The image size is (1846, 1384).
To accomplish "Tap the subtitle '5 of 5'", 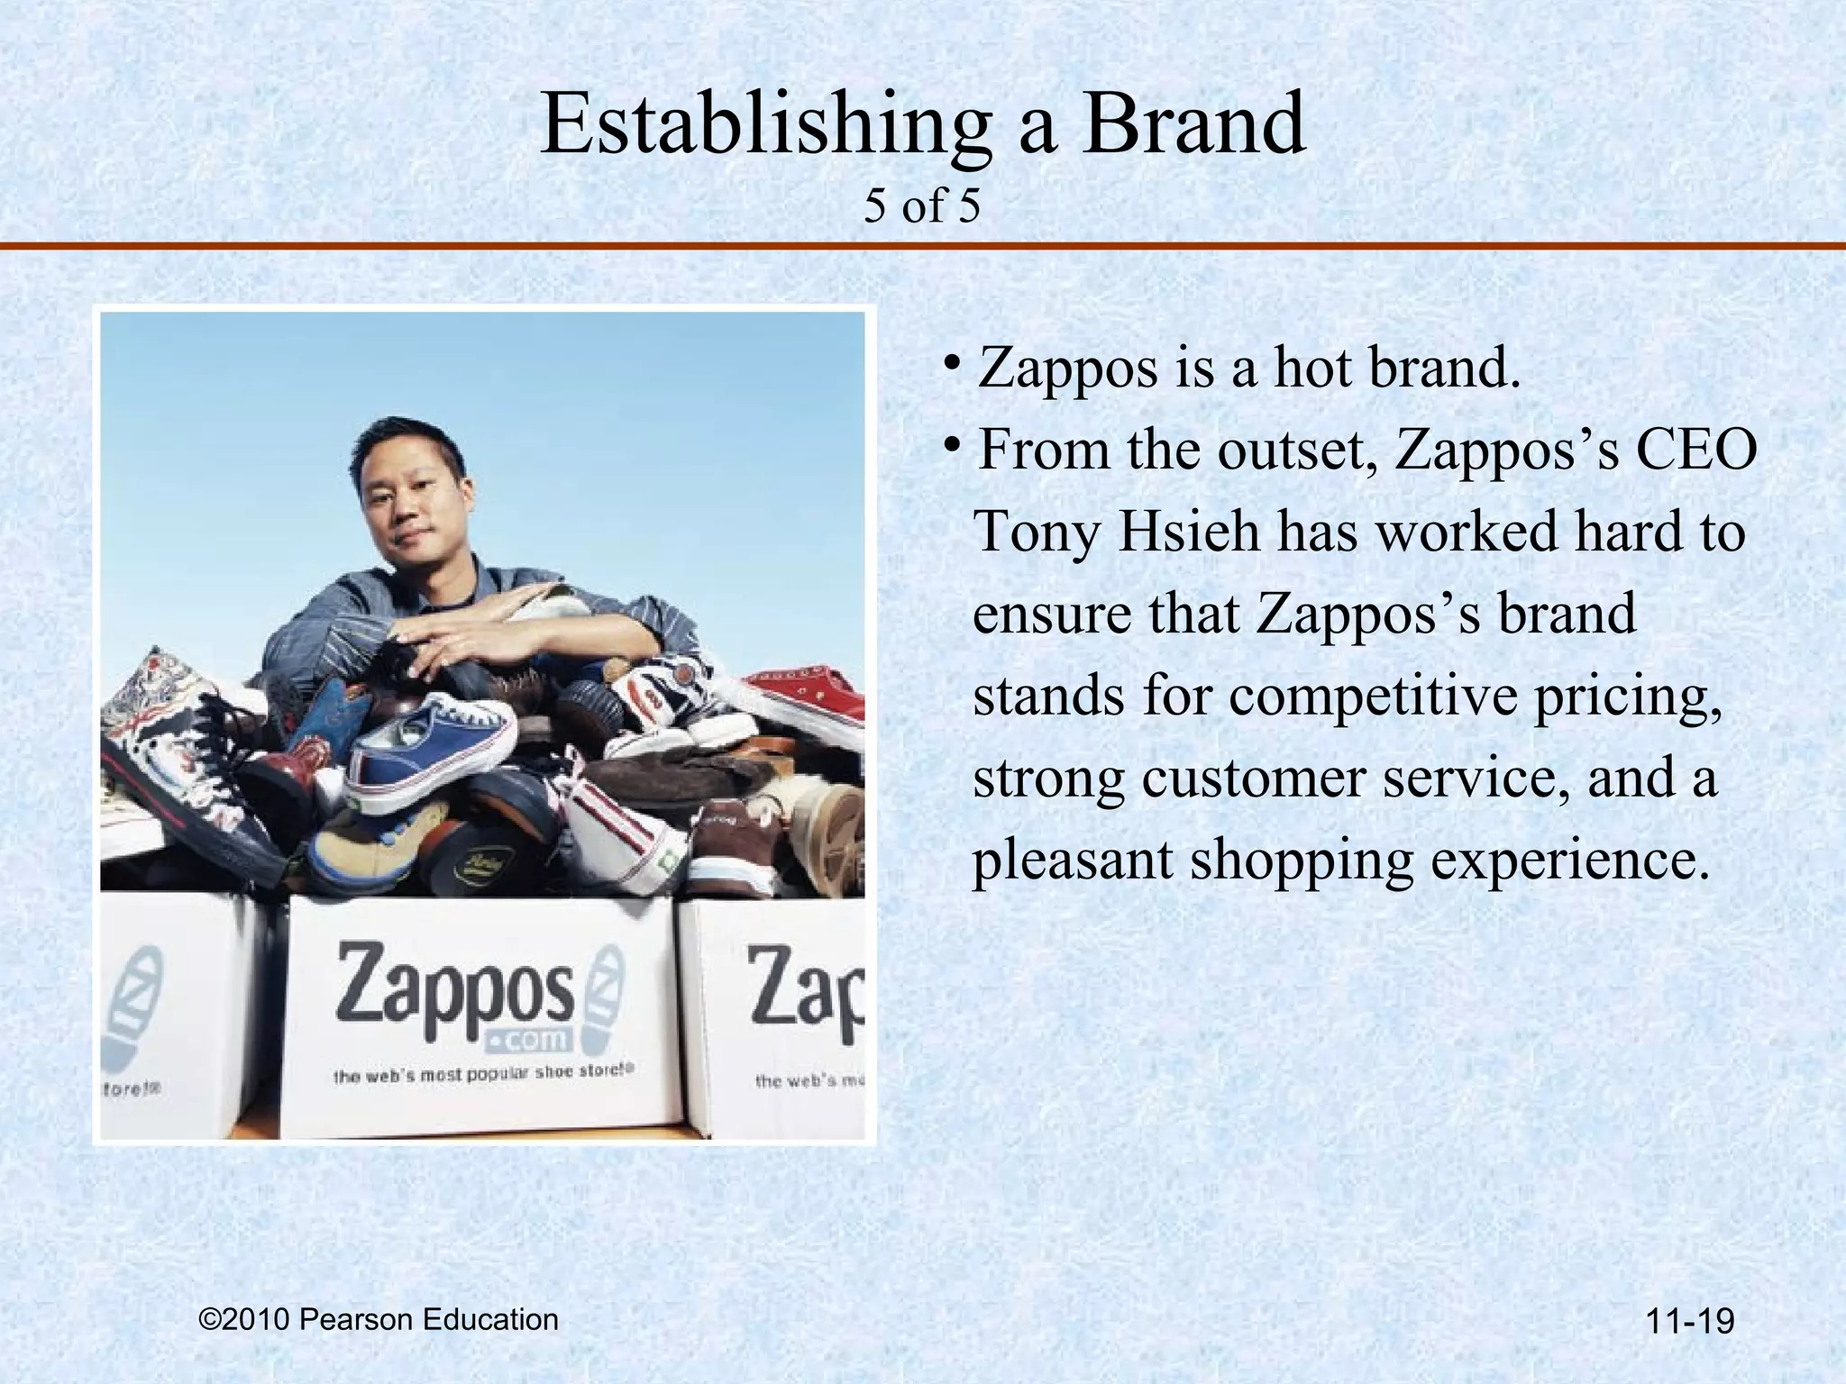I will pos(921,206).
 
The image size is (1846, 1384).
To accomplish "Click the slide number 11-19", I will pos(1689,1323).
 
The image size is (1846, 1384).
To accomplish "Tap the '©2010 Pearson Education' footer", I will pos(379,1319).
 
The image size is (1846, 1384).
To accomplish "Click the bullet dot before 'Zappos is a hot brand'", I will pos(952,364).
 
